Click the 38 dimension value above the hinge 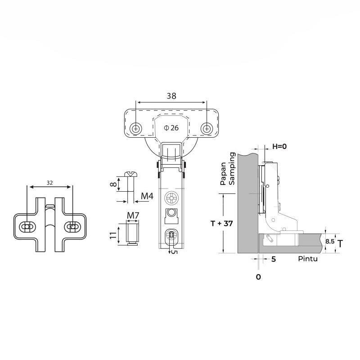click(x=171, y=96)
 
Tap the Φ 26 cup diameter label click(x=172, y=128)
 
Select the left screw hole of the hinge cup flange click(x=136, y=128)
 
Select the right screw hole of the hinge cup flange click(x=207, y=128)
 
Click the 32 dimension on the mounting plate click(x=49, y=183)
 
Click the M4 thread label click(x=147, y=196)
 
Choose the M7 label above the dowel click(x=132, y=216)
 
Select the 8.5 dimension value click(x=330, y=242)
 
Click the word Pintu click(x=308, y=260)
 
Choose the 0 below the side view click(x=258, y=277)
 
